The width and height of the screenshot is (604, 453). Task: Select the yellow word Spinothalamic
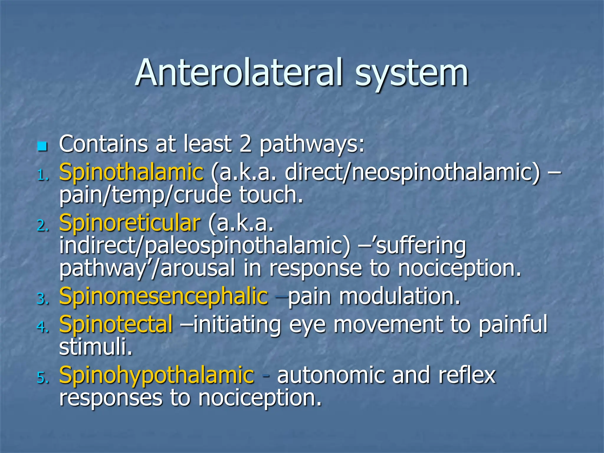[131, 172]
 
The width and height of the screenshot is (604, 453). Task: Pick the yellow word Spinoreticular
[130, 223]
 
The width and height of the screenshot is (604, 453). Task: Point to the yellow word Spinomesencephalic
[163, 296]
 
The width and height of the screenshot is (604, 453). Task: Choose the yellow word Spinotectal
[116, 324]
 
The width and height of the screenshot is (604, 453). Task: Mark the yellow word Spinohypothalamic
[156, 375]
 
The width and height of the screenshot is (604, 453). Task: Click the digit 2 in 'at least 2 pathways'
[245, 144]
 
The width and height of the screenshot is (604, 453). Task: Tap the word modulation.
[399, 296]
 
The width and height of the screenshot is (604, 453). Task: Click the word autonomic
[331, 375]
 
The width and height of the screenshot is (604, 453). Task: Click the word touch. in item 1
[271, 195]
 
